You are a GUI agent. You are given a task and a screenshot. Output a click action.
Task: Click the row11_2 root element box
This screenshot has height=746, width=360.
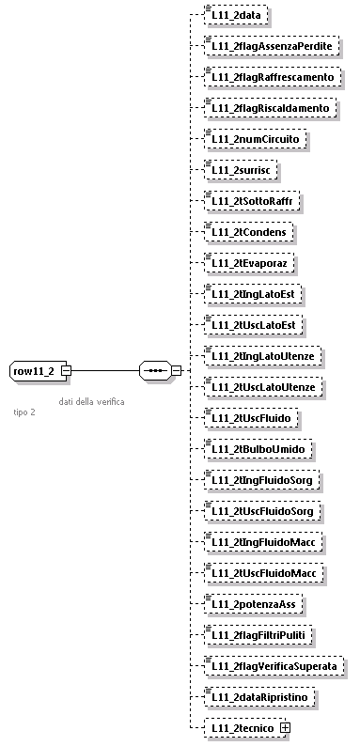[x=33, y=370]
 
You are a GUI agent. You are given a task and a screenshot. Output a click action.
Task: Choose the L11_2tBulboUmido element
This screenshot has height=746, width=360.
[x=258, y=449]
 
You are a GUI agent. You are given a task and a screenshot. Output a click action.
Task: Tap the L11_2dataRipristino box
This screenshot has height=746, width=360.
[x=261, y=697]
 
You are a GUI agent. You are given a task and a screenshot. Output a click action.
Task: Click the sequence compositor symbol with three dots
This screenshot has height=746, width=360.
[x=153, y=370]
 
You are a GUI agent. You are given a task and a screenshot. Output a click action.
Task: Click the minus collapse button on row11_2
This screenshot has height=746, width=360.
[x=65, y=370]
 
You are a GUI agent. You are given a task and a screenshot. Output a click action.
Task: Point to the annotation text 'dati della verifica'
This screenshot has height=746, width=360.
[x=91, y=401]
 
